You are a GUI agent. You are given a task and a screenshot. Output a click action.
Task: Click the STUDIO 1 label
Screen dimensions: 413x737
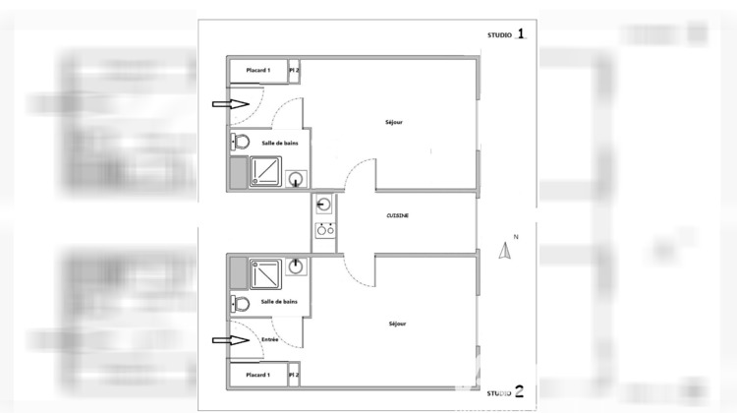[x=506, y=35]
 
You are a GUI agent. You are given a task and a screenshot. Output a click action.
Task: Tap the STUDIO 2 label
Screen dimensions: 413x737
[x=506, y=392]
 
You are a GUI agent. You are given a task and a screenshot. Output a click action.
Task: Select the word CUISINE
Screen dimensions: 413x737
[x=397, y=215]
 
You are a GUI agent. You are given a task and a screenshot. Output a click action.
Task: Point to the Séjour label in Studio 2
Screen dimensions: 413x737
[x=397, y=323]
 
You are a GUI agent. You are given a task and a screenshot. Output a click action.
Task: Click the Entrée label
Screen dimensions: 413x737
[x=270, y=339]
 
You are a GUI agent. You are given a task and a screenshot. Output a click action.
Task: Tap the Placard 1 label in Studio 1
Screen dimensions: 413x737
[x=257, y=71]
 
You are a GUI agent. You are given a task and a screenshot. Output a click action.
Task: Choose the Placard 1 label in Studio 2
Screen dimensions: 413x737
[x=257, y=375]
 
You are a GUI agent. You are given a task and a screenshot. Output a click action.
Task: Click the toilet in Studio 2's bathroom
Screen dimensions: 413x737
[x=239, y=302]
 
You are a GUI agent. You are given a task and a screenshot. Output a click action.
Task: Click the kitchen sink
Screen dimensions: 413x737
[x=324, y=206]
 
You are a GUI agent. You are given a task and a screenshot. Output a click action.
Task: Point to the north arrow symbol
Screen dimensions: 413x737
[x=507, y=251]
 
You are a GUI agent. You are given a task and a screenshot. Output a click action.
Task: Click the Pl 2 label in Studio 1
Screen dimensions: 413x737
[x=294, y=71]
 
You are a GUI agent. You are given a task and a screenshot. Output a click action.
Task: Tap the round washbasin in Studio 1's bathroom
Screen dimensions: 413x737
[x=296, y=179]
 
